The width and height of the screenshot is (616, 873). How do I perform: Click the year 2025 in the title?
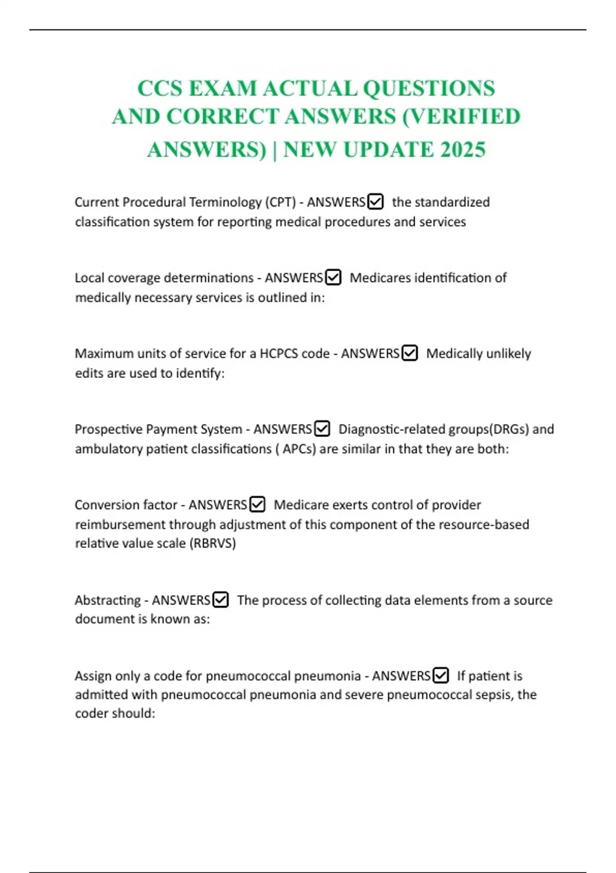pyautogui.click(x=463, y=149)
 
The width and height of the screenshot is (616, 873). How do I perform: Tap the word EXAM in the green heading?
pyautogui.click(x=222, y=88)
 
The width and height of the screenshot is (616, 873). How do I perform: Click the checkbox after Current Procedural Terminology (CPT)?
pyautogui.click(x=376, y=202)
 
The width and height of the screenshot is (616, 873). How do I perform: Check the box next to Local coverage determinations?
pyautogui.click(x=333, y=277)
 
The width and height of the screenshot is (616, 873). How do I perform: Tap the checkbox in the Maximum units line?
pyautogui.click(x=410, y=353)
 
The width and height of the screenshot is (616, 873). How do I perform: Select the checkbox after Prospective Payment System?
pyautogui.click(x=322, y=428)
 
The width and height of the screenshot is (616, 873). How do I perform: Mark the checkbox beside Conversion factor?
pyautogui.click(x=257, y=504)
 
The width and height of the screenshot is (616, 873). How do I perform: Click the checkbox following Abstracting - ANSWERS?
pyautogui.click(x=221, y=599)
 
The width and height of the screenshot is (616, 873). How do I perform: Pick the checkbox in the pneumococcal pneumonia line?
pyautogui.click(x=440, y=675)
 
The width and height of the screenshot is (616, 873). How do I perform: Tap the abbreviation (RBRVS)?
pyautogui.click(x=213, y=543)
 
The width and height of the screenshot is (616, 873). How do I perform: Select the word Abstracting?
pyautogui.click(x=107, y=600)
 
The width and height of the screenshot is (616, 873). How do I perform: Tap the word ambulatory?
pyautogui.click(x=108, y=449)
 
